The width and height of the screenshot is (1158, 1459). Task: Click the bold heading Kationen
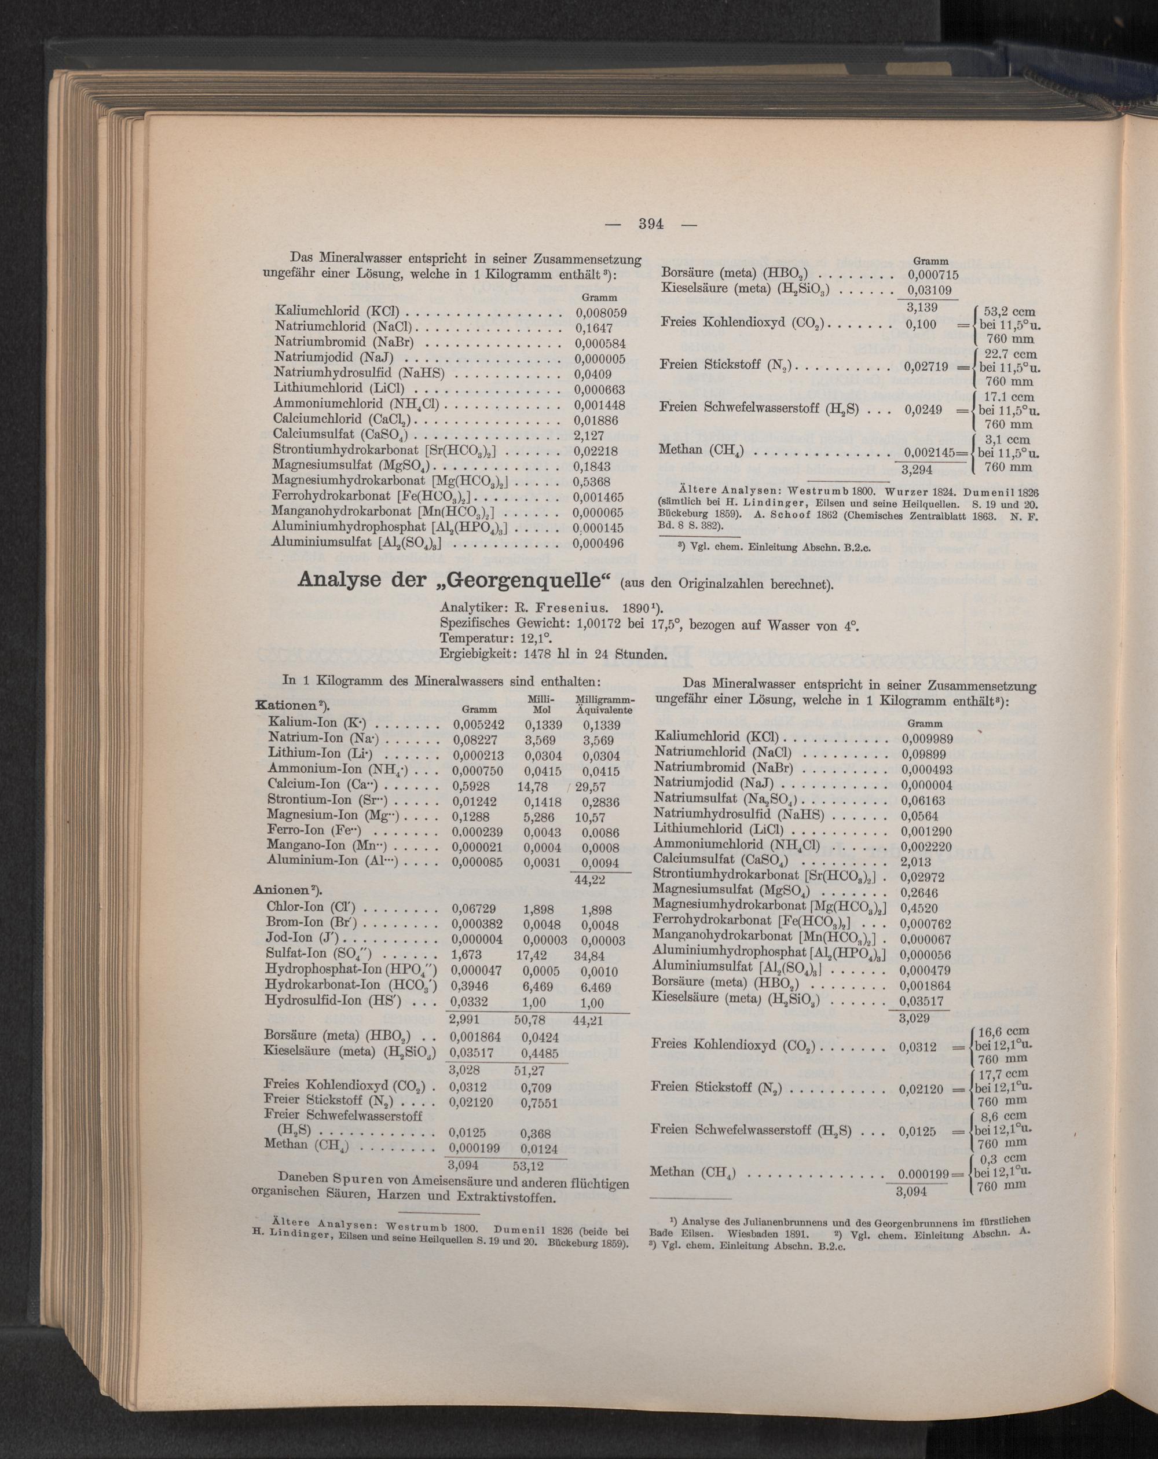click(x=289, y=705)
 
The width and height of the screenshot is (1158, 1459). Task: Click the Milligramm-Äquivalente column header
click(x=604, y=705)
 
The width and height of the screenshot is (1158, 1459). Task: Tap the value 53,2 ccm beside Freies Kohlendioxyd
click(x=1008, y=311)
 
